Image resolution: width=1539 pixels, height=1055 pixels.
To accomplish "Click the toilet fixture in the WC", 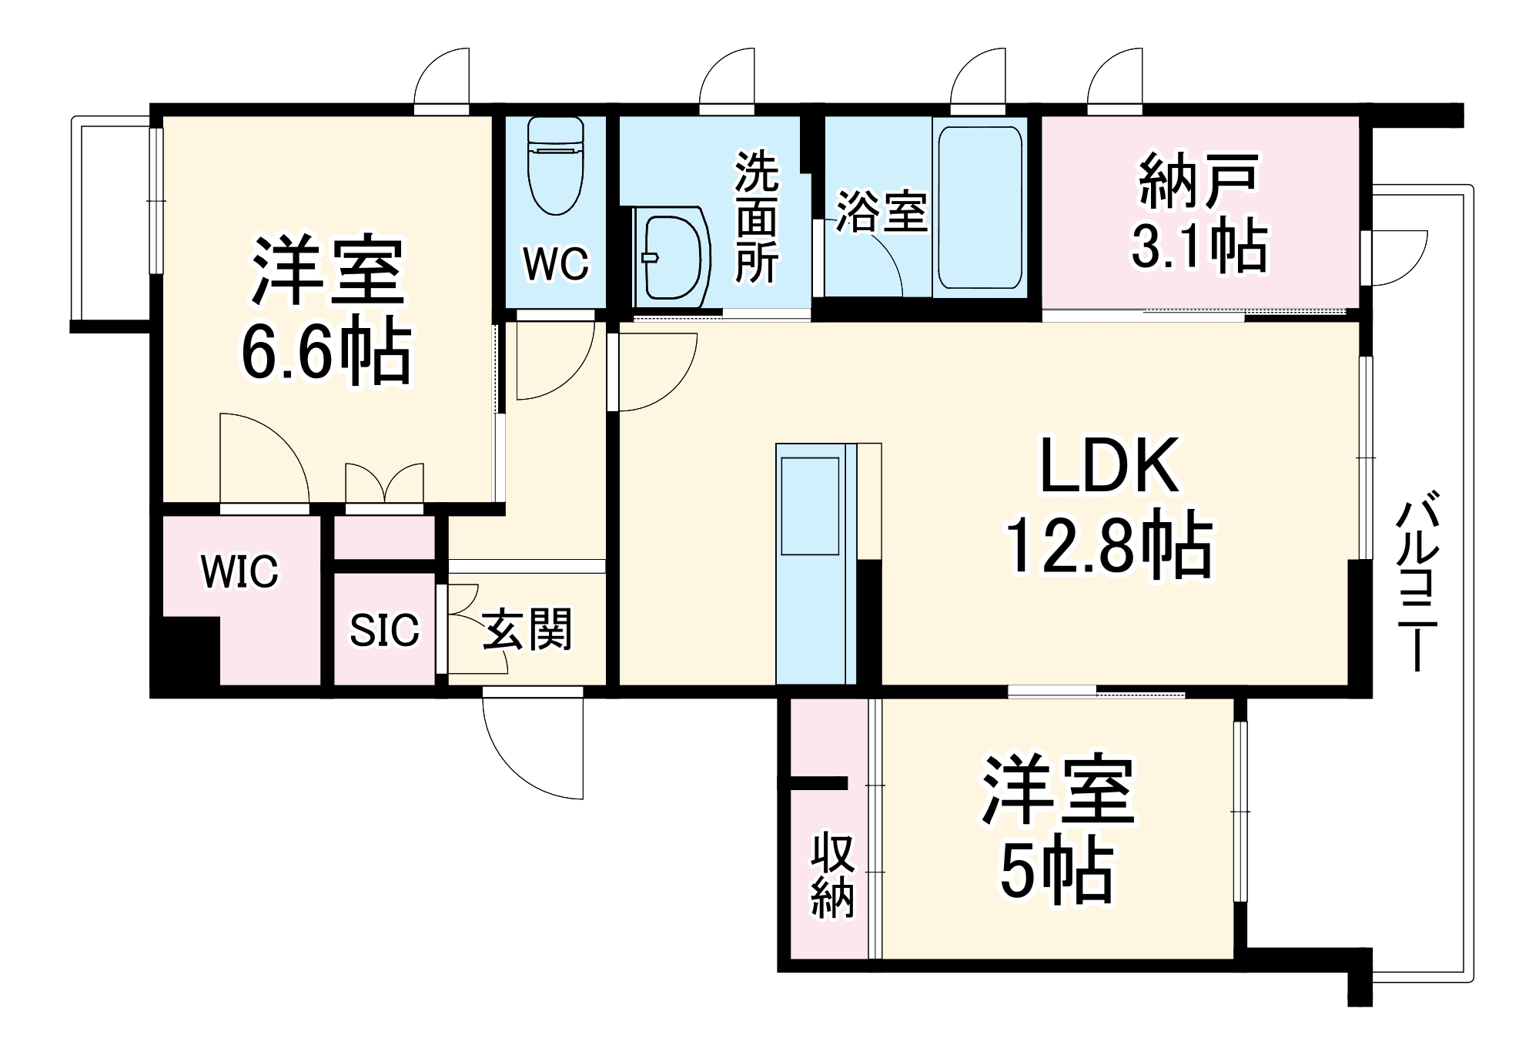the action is click(x=555, y=166).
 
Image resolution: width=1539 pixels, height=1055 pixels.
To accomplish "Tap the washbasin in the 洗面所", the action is click(x=671, y=256).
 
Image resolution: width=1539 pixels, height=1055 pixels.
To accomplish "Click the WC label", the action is click(x=556, y=264).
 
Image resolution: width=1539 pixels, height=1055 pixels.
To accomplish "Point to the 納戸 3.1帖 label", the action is click(x=1199, y=213).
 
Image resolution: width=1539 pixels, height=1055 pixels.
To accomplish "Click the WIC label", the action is click(x=239, y=571).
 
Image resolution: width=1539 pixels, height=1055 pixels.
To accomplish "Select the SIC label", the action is click(x=384, y=631).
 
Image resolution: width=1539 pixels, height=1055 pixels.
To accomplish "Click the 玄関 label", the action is click(x=527, y=629).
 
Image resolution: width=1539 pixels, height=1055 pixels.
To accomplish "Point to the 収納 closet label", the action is click(x=832, y=874).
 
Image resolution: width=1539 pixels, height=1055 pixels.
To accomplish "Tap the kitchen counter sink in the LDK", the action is click(x=810, y=505).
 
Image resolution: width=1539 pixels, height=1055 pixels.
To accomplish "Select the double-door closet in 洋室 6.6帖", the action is click(x=384, y=485).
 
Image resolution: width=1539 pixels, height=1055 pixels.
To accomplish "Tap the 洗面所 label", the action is click(x=756, y=217).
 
